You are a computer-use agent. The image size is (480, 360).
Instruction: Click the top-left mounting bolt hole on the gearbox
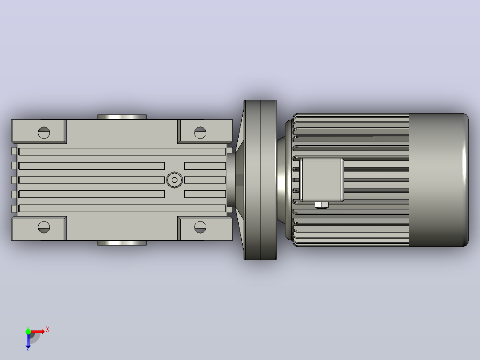pos(44,133)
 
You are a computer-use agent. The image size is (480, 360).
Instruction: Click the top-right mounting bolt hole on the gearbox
pos(200,133)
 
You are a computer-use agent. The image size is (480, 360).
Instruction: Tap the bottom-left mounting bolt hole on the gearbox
pos(44,227)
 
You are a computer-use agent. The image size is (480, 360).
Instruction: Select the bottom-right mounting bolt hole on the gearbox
pos(200,227)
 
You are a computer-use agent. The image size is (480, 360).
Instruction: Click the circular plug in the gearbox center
pos(175,180)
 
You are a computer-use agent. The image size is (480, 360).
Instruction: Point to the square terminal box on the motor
pos(321,180)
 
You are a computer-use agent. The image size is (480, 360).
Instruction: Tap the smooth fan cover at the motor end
pos(439,180)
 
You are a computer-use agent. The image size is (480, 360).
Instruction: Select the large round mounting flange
pos(260,180)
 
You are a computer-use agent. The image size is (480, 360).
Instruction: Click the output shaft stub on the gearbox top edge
pos(122,117)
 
